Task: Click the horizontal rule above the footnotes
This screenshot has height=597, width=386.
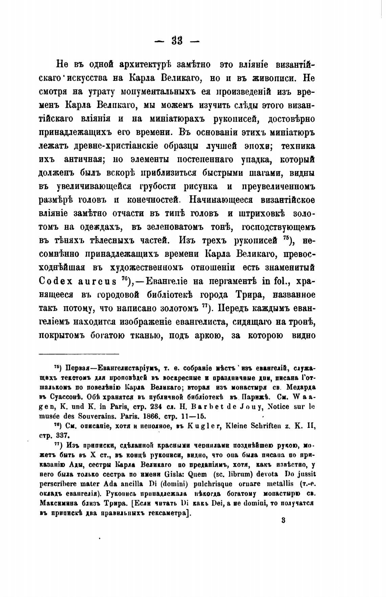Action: pyautogui.click(x=79, y=354)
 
